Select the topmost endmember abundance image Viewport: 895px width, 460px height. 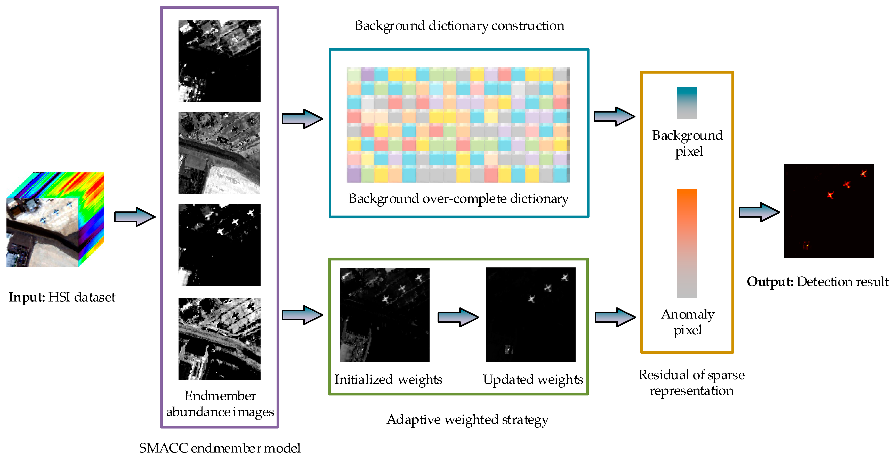point(219,61)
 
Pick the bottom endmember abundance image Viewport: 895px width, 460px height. point(219,339)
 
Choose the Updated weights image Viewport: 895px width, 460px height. point(530,315)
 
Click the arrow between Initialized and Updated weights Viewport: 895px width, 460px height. point(458,317)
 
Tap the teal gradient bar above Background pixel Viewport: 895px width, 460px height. point(687,103)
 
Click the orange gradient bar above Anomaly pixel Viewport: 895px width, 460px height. point(687,243)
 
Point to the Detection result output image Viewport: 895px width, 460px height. point(829,211)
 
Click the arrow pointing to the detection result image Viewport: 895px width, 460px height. point(759,212)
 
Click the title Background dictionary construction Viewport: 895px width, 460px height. point(459,26)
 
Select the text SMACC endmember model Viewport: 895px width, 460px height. point(220,448)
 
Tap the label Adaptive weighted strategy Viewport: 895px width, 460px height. point(467,420)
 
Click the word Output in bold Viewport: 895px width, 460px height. point(770,282)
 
